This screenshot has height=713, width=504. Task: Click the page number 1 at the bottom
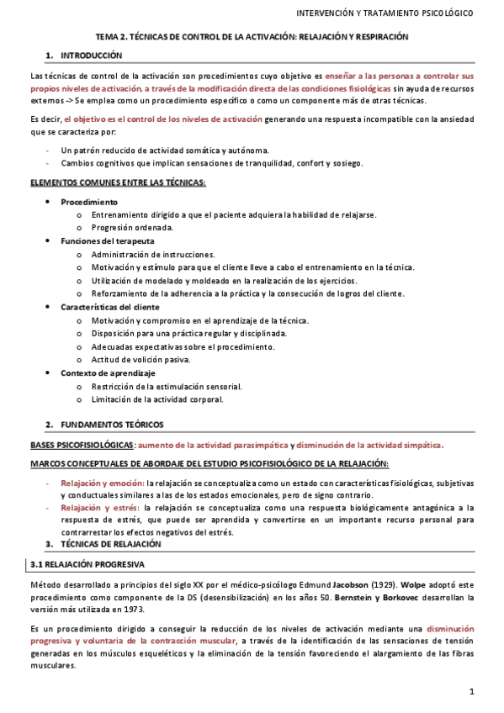[473, 691]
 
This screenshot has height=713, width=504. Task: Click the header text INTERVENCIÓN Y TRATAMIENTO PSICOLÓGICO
[386, 14]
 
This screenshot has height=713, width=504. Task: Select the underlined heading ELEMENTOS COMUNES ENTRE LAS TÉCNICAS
[118, 182]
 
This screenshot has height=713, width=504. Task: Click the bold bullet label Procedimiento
[89, 203]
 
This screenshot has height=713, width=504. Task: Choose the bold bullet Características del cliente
[110, 307]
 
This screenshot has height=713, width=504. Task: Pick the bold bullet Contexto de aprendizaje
[108, 372]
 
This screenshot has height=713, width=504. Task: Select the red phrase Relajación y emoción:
[102, 483]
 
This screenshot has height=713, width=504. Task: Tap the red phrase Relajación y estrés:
[100, 508]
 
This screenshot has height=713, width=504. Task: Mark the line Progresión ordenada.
[132, 228]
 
